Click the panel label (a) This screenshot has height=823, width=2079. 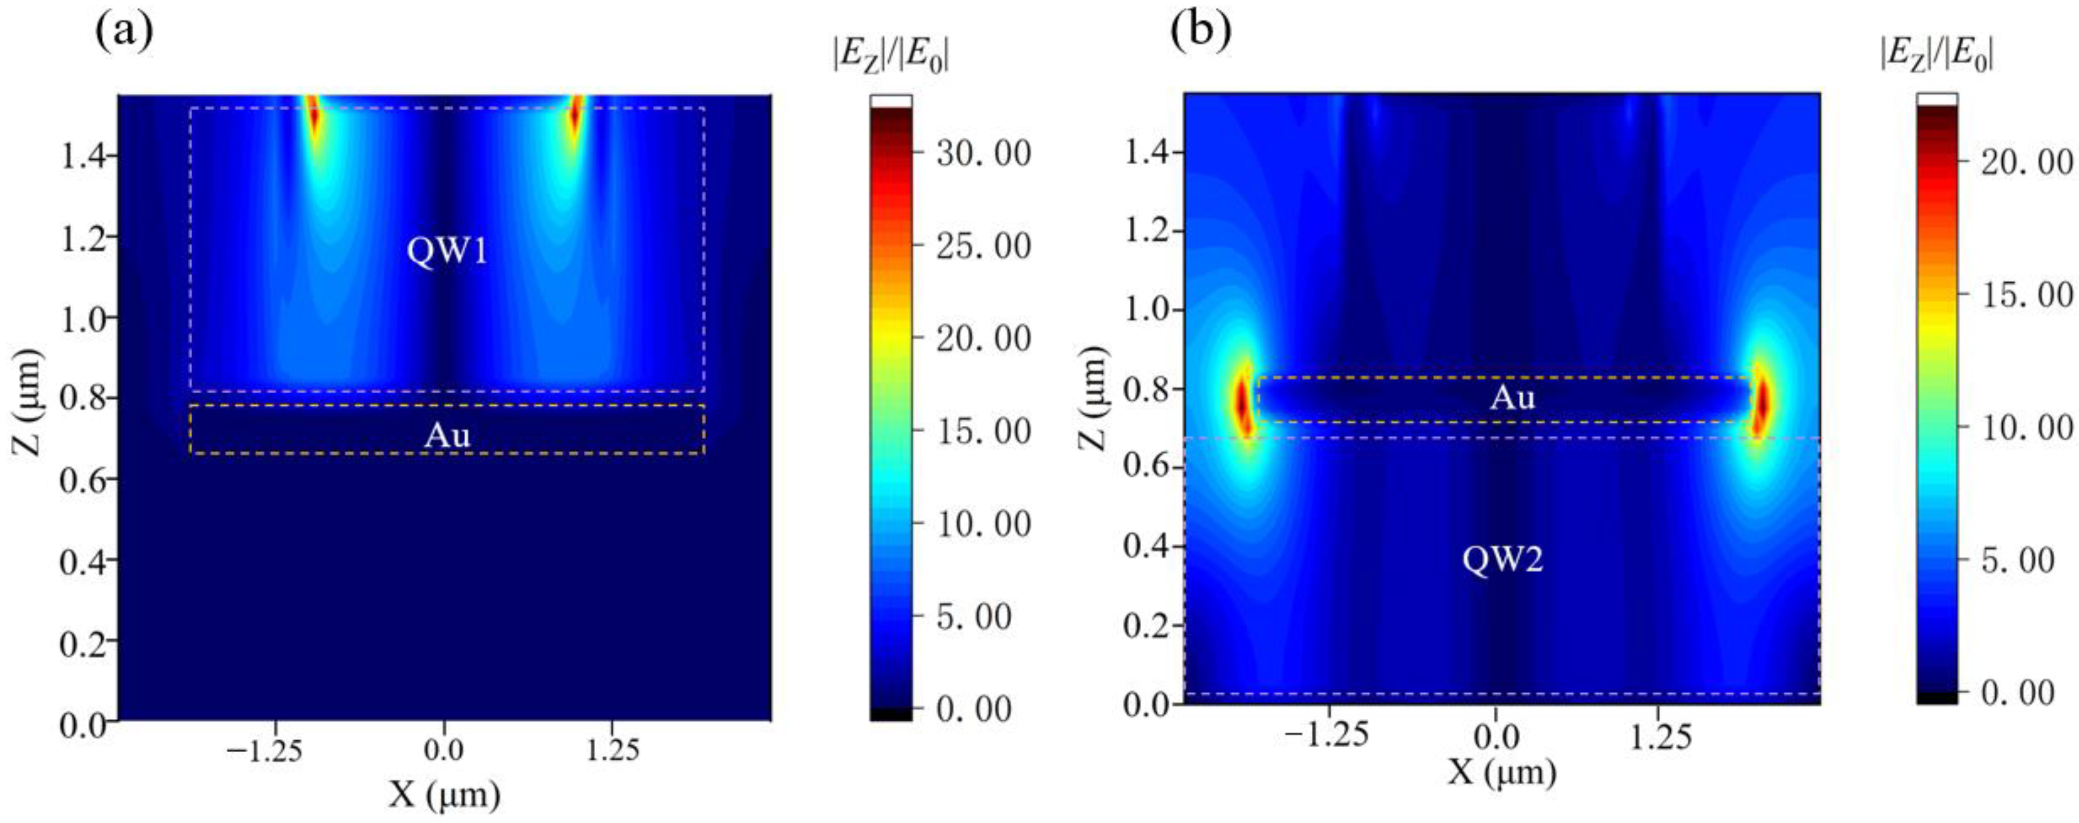click(123, 32)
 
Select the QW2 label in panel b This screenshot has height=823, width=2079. click(1502, 559)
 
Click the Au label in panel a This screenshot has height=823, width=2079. click(447, 435)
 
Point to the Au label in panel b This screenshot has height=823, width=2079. click(1511, 397)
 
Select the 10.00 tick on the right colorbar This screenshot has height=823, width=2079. click(2026, 428)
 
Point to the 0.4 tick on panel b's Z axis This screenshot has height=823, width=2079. click(1147, 546)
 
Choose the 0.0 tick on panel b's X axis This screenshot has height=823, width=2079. click(1496, 736)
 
